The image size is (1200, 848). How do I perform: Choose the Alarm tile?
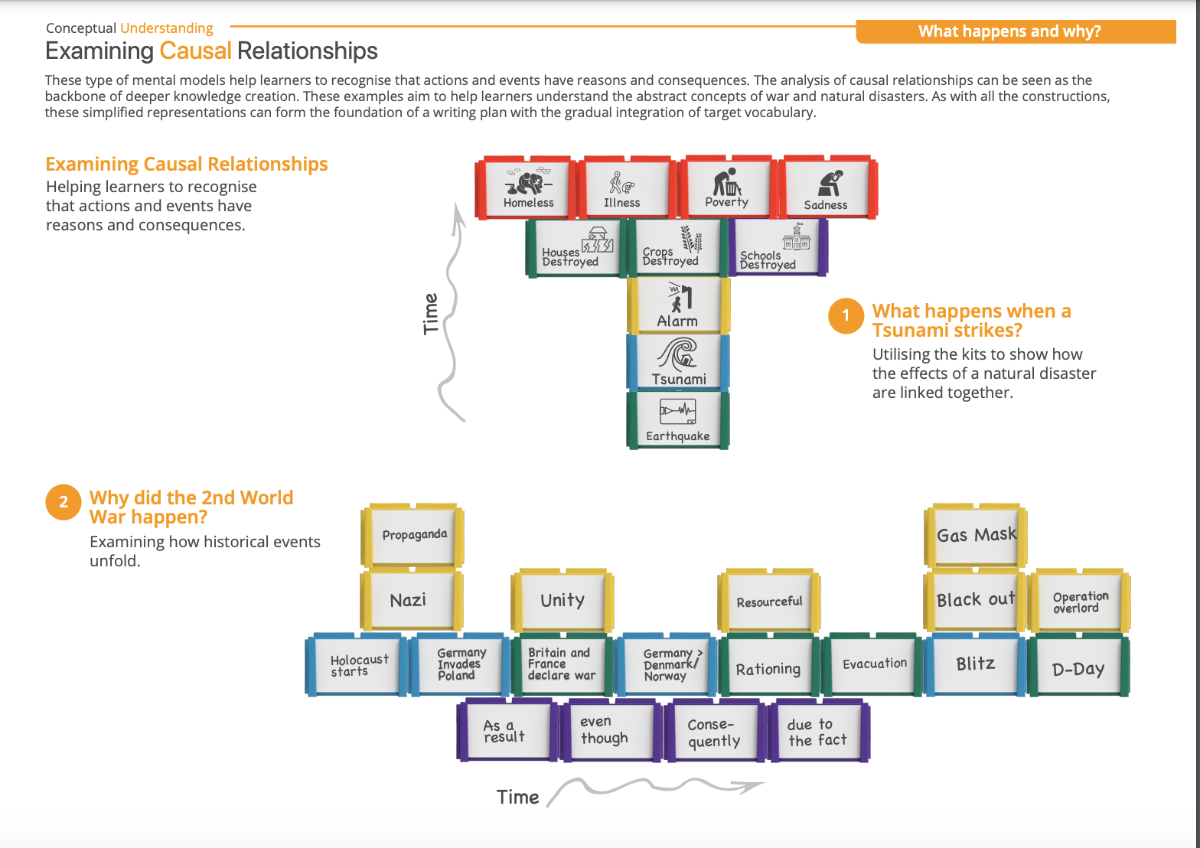tap(678, 305)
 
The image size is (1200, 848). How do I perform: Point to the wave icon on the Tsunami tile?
tap(678, 355)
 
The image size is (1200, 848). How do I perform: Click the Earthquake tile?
tap(678, 419)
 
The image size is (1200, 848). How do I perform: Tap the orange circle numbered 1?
tap(846, 315)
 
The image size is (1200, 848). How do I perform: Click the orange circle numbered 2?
tap(64, 502)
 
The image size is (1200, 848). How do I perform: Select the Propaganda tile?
tap(414, 535)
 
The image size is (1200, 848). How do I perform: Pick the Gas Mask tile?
tap(977, 535)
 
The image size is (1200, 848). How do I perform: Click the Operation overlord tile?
tap(1080, 602)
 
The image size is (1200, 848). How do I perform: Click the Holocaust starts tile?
tap(358, 665)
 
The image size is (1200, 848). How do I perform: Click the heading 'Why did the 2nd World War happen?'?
tap(191, 507)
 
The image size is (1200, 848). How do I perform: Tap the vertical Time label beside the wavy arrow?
tap(431, 313)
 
